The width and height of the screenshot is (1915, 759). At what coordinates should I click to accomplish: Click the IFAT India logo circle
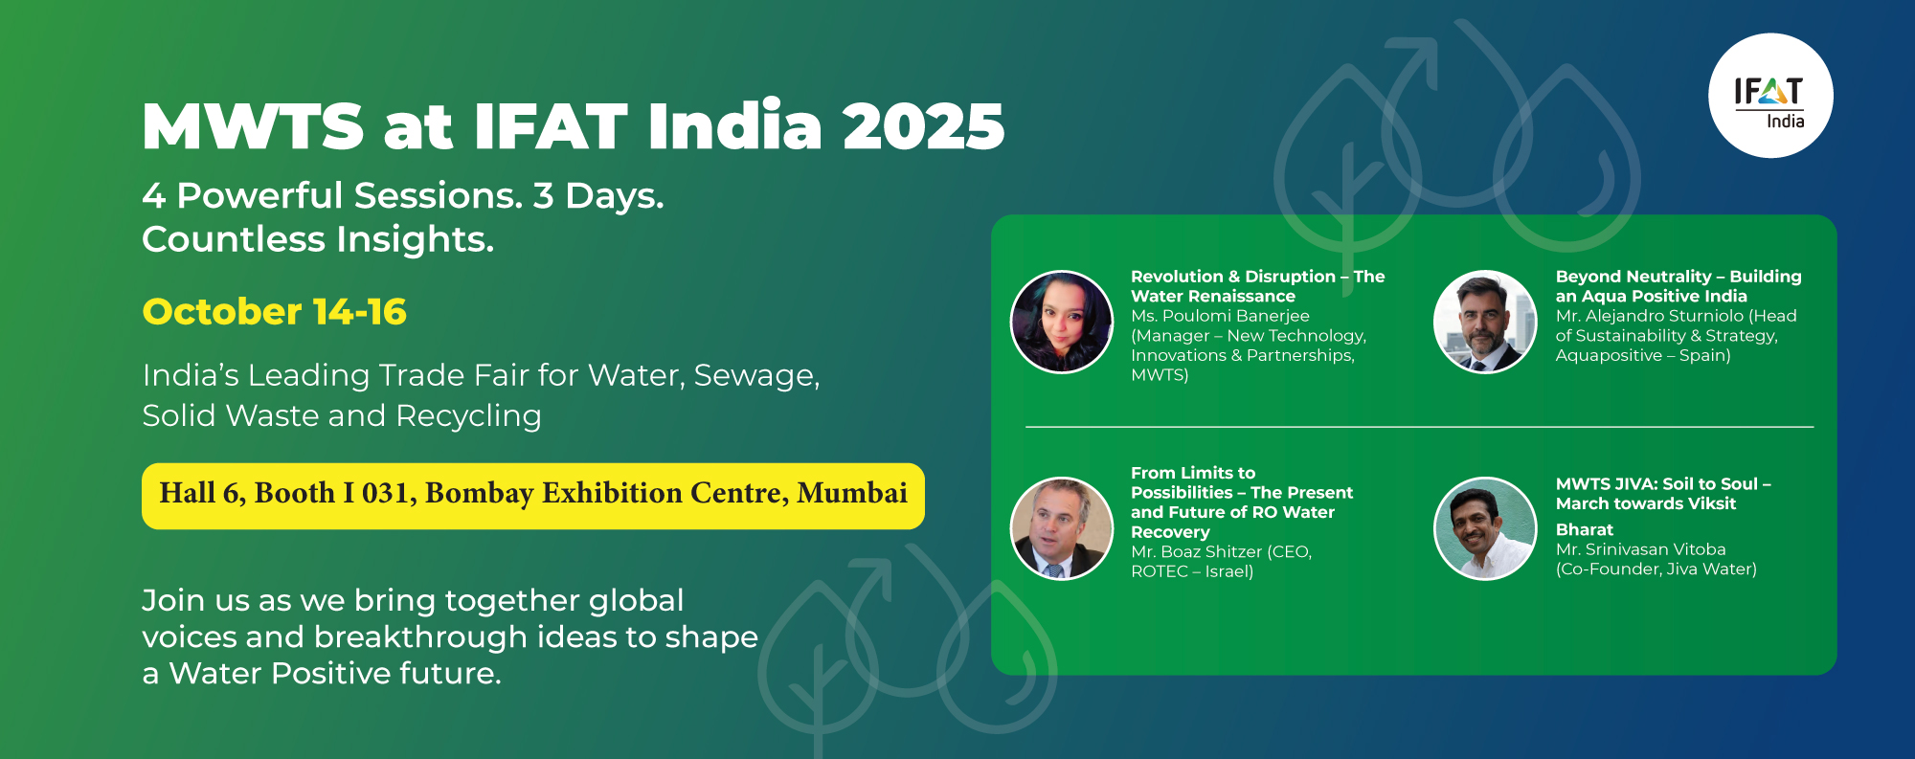pyautogui.click(x=1770, y=96)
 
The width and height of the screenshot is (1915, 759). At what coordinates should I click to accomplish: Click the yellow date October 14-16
pyautogui.click(x=274, y=312)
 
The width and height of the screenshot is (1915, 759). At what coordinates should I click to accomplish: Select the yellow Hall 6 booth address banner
pyautogui.click(x=533, y=496)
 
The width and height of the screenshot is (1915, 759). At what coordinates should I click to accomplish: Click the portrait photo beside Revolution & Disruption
pyautogui.click(x=1062, y=322)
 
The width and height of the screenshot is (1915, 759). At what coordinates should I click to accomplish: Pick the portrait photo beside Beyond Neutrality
pyautogui.click(x=1485, y=322)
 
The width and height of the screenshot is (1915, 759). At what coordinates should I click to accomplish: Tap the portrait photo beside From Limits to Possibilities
pyautogui.click(x=1062, y=528)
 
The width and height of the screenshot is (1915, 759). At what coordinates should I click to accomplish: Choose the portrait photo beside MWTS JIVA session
pyautogui.click(x=1485, y=528)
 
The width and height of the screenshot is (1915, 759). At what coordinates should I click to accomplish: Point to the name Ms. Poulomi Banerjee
pyautogui.click(x=1220, y=316)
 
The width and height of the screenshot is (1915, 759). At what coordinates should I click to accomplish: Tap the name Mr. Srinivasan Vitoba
pyautogui.click(x=1640, y=549)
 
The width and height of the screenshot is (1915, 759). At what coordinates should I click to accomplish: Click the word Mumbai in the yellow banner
pyautogui.click(x=852, y=493)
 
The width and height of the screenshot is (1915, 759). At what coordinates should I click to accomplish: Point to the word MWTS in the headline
pyautogui.click(x=253, y=126)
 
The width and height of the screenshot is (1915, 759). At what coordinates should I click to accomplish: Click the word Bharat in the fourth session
pyautogui.click(x=1585, y=529)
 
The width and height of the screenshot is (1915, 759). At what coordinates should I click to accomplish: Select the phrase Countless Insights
pyautogui.click(x=318, y=239)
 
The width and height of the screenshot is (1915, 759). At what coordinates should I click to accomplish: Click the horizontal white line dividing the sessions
pyautogui.click(x=1419, y=427)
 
